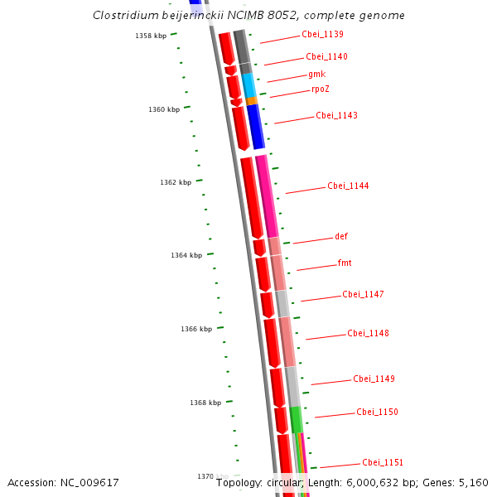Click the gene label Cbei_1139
pyautogui.click(x=322, y=35)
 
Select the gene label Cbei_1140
pyautogui.click(x=326, y=57)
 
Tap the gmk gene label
pyautogui.click(x=316, y=74)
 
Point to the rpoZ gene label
pyautogui.click(x=321, y=89)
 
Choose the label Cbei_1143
pyautogui.click(x=336, y=116)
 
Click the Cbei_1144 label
pyautogui.click(x=348, y=186)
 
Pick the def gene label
pyautogui.click(x=341, y=237)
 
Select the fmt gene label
pyautogui.click(x=345, y=263)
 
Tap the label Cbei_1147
pyautogui.click(x=363, y=295)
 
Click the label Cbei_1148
pyautogui.click(x=368, y=334)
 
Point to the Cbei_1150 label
pyautogui.click(x=377, y=413)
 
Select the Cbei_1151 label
pyautogui.click(x=383, y=463)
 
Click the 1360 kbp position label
pyautogui.click(x=164, y=110)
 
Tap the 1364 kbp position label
pyautogui.click(x=186, y=256)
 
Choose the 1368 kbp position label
pyautogui.click(x=205, y=403)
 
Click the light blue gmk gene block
pyautogui.click(x=248, y=84)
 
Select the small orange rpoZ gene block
pyautogui.click(x=252, y=101)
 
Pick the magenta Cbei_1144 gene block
pyautogui.click(x=267, y=195)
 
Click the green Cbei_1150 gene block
pyautogui.click(x=296, y=419)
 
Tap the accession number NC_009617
pyautogui.click(x=63, y=482)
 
